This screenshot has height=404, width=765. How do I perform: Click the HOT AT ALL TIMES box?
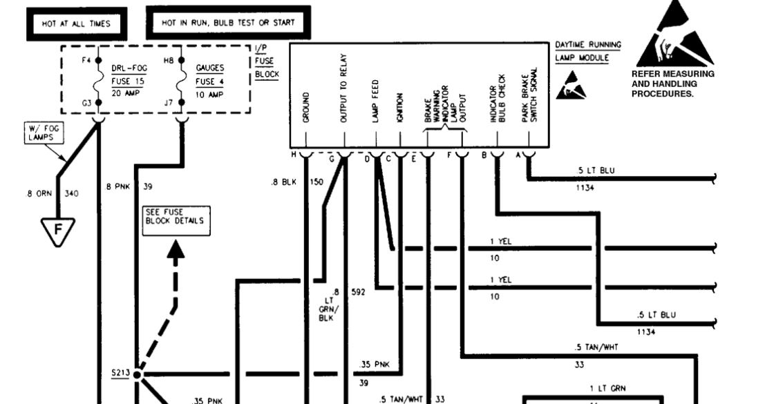[76, 23]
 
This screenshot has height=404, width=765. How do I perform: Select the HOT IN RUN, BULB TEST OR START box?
[228, 23]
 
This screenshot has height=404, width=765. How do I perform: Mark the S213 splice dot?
[137, 375]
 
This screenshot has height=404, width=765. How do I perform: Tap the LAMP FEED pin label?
[375, 106]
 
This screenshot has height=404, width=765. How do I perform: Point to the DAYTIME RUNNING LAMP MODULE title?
[587, 51]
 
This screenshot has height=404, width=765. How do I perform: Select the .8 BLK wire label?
[283, 182]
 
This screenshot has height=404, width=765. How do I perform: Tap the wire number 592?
[358, 291]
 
